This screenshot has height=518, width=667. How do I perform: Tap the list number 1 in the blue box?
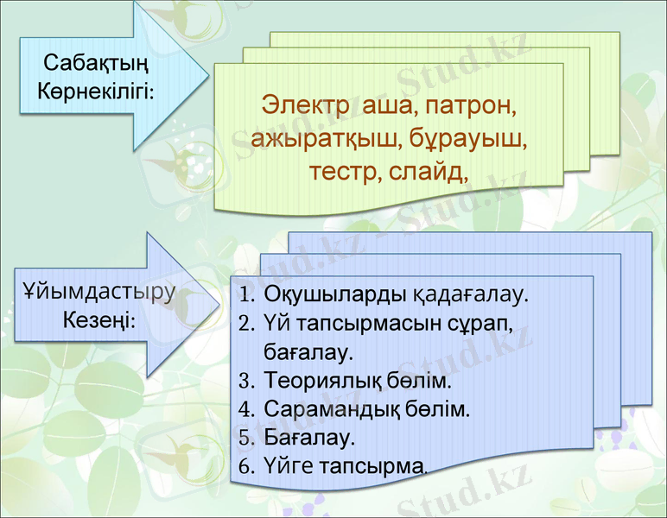245,295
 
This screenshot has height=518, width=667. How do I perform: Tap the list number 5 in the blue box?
246,439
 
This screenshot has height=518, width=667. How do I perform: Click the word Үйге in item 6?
289,467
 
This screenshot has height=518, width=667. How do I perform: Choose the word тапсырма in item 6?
372,467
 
